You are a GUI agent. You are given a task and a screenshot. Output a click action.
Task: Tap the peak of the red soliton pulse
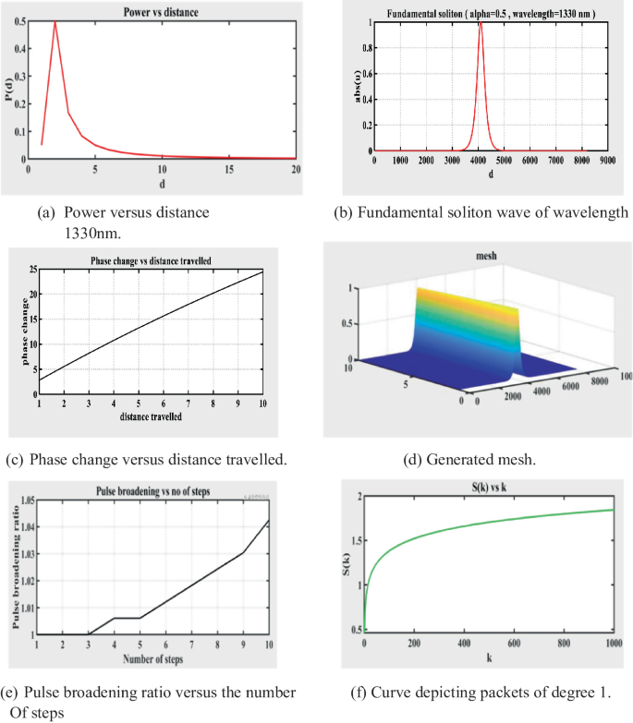pos(479,23)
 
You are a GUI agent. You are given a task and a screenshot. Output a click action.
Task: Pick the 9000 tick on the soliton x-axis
pos(606,160)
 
